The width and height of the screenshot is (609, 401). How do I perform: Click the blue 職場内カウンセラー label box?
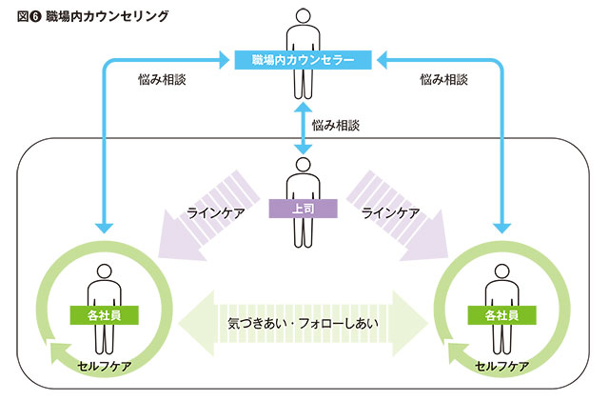pyautogui.click(x=304, y=61)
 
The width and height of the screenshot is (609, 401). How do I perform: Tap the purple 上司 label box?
pyautogui.click(x=304, y=206)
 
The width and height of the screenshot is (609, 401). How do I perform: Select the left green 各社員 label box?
pyautogui.click(x=105, y=312)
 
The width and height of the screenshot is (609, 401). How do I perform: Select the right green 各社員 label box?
pyautogui.click(x=501, y=313)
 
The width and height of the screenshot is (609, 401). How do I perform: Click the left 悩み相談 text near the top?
pyautogui.click(x=162, y=80)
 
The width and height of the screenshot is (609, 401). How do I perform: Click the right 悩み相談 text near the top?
pyautogui.click(x=442, y=80)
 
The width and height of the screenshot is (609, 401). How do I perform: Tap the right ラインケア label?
pyautogui.click(x=390, y=213)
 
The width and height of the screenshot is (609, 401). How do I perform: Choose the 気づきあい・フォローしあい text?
pyautogui.click(x=304, y=322)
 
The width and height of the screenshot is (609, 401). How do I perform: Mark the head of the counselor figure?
pyautogui.click(x=304, y=16)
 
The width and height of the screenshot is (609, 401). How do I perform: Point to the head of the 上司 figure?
pyautogui.click(x=304, y=164)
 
